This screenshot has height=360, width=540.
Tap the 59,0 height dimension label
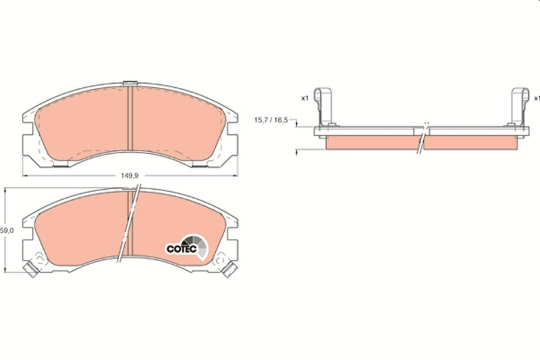(x=6, y=230)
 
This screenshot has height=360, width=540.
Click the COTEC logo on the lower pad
(x=181, y=248)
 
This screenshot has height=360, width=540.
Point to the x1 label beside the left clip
(x=304, y=99)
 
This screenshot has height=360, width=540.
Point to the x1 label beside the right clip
(x=536, y=99)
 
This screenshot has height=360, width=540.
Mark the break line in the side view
(x=422, y=138)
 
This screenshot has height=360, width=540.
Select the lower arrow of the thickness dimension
(x=298, y=152)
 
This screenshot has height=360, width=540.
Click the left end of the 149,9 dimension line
(x=24, y=176)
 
